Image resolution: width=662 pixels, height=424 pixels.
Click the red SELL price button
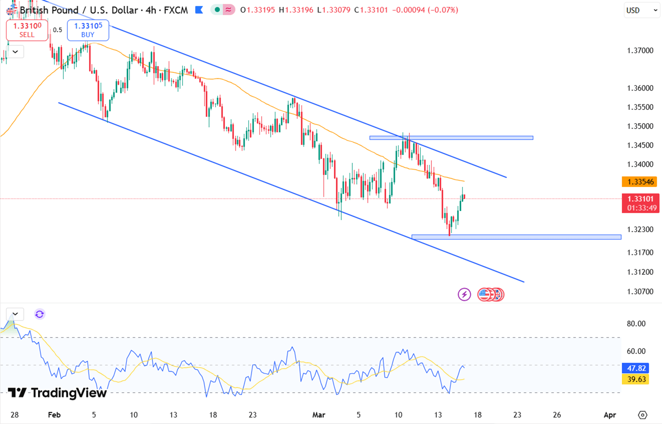(x=27, y=30)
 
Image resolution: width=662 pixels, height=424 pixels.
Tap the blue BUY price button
(x=88, y=30)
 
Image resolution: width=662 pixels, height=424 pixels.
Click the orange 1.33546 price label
(x=640, y=182)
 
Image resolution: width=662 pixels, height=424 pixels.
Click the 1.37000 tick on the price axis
(x=640, y=50)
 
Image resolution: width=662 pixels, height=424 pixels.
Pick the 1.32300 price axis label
(x=640, y=229)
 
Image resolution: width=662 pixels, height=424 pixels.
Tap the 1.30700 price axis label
(x=640, y=291)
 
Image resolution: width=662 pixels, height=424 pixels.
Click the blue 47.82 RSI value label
(x=636, y=368)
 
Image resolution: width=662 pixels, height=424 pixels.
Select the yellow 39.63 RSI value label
(x=636, y=379)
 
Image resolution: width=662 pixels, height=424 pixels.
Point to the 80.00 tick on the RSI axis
(x=636, y=324)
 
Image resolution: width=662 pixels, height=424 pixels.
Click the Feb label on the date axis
(x=54, y=415)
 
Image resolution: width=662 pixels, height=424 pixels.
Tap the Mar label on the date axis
(x=318, y=415)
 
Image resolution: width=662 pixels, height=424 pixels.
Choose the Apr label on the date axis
(x=609, y=415)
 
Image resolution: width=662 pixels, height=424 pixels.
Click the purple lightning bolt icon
(x=464, y=294)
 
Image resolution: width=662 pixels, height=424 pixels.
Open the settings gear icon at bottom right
(x=642, y=415)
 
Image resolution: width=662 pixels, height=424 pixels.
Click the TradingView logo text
(x=58, y=393)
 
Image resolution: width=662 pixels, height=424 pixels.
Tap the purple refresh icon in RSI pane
(x=39, y=314)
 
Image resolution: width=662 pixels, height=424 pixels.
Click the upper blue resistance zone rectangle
(x=451, y=137)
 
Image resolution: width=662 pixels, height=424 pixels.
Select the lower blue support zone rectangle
(x=516, y=237)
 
